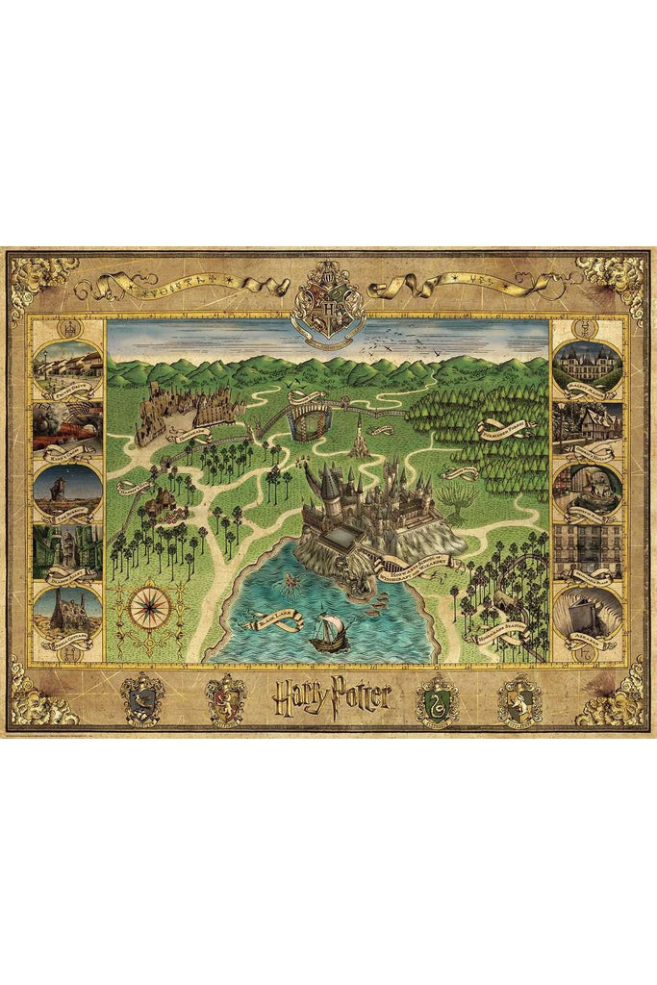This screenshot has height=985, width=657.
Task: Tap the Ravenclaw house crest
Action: coord(142,697)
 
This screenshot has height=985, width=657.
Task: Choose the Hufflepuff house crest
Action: coord(518,697)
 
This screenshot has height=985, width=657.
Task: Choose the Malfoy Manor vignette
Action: coord(588,366)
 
